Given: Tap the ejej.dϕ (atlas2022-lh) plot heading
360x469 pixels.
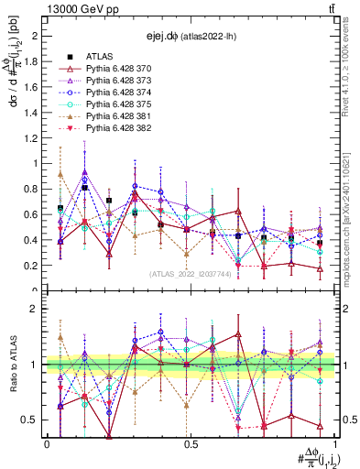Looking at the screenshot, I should pos(187,37).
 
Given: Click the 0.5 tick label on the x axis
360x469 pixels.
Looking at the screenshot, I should pos(190,443).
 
